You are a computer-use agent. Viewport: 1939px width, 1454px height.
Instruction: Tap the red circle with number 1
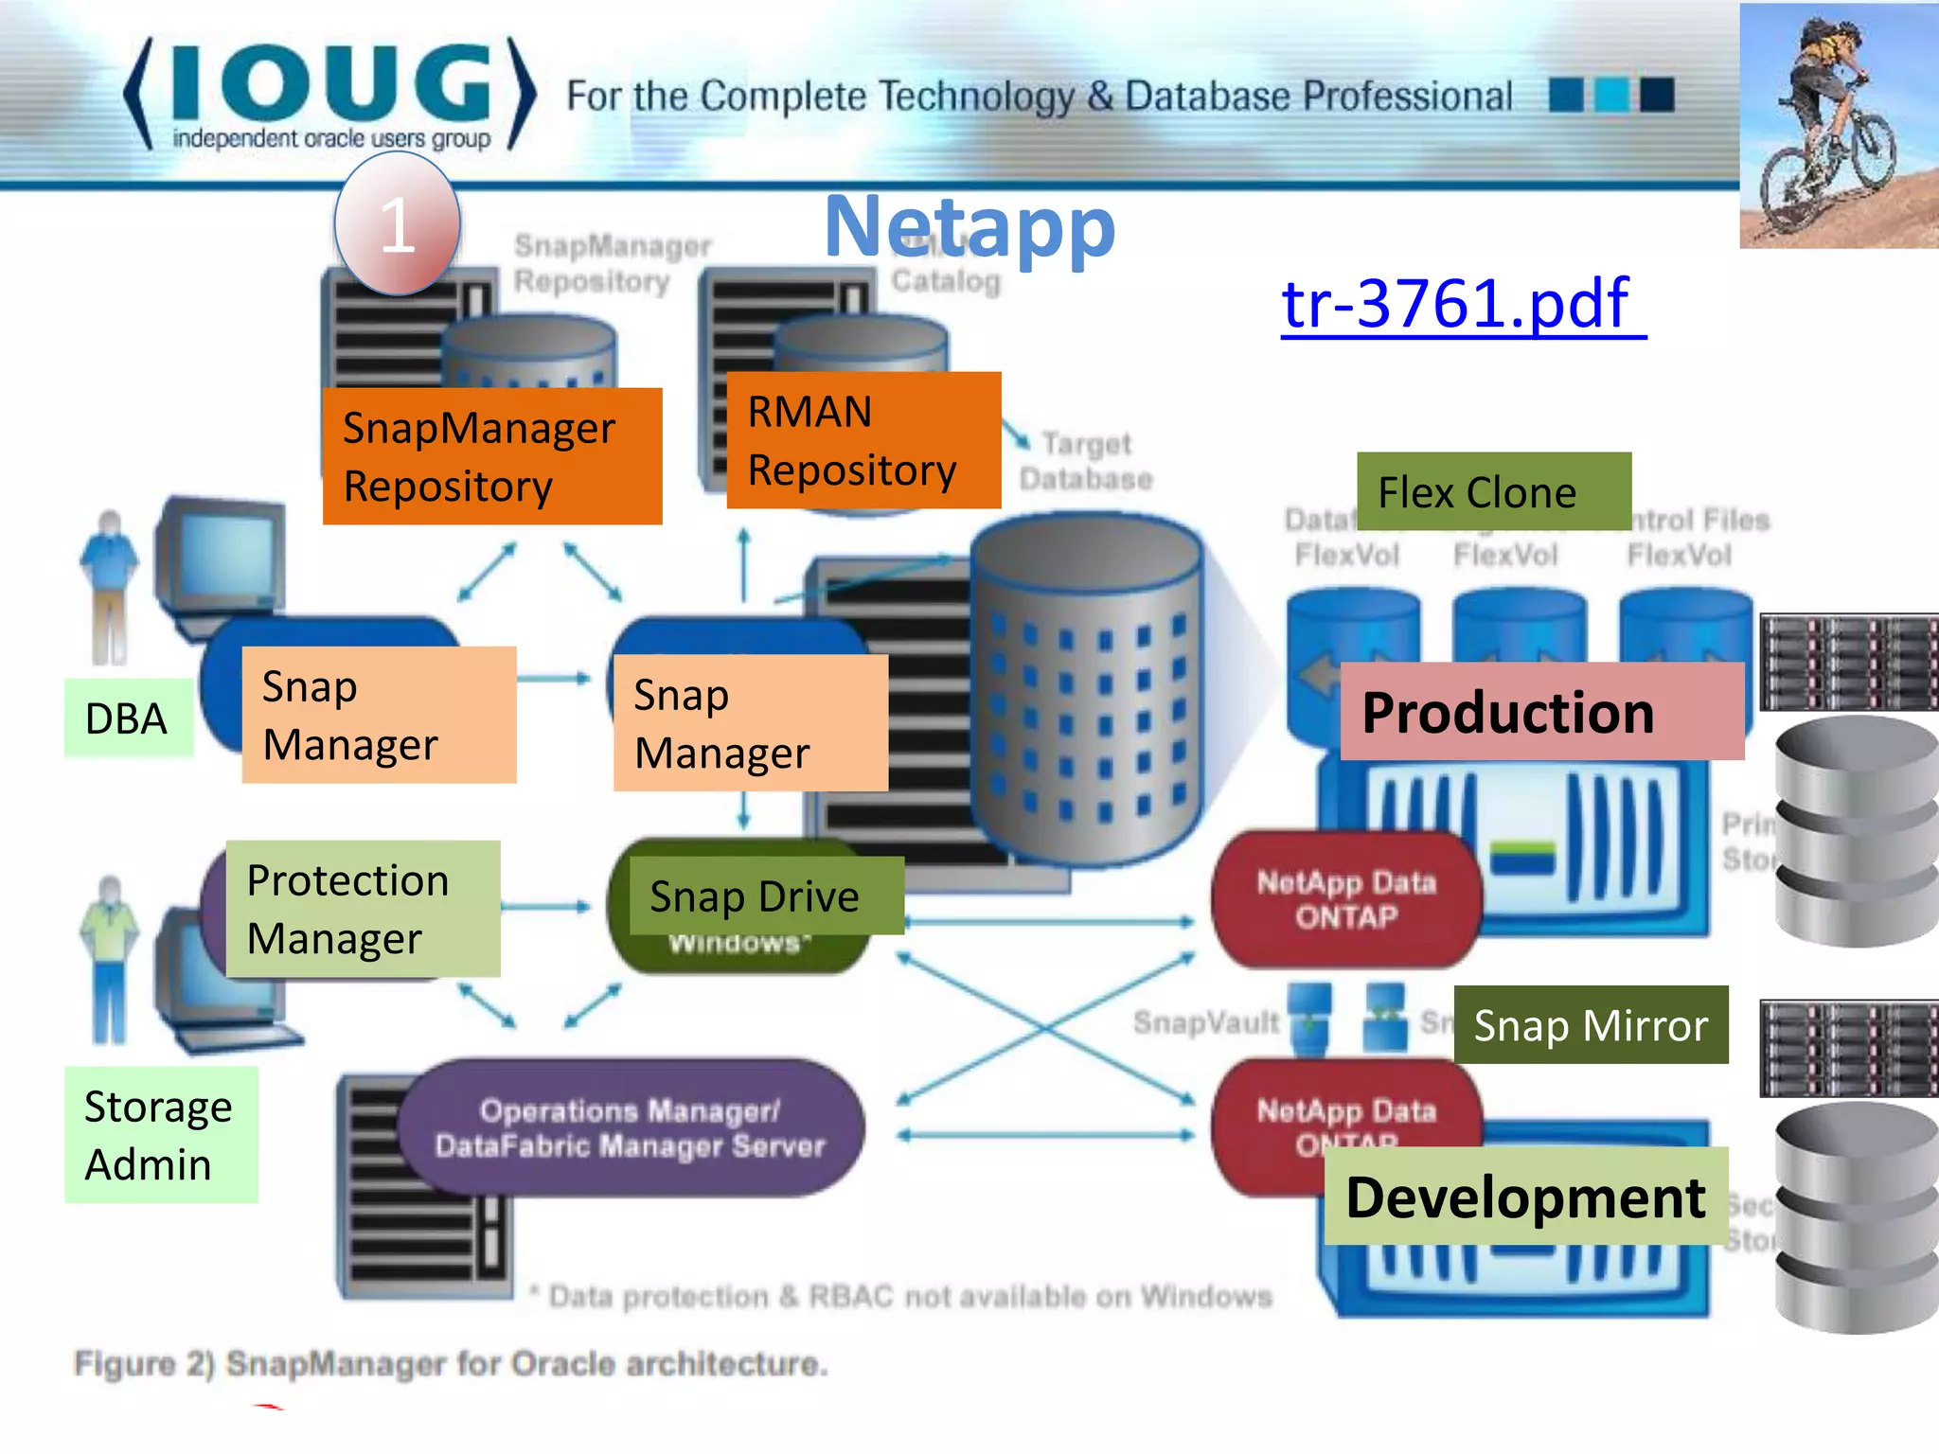[x=398, y=225]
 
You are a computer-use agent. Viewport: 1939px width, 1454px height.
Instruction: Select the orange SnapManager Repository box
[x=491, y=456]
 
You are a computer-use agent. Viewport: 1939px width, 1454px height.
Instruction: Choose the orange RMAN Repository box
[x=863, y=440]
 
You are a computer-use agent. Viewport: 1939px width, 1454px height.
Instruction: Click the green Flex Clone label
[x=1493, y=491]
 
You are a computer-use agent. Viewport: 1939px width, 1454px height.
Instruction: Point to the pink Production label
[x=1541, y=712]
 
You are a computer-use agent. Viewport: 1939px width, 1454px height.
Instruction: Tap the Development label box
[x=1525, y=1197]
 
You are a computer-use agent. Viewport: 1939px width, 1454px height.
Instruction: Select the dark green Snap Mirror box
[x=1591, y=1025]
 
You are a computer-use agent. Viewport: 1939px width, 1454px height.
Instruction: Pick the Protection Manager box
[x=363, y=909]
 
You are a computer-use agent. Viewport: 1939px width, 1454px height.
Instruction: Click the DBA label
[x=128, y=718]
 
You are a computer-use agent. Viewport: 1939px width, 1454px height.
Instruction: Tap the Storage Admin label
[x=160, y=1135]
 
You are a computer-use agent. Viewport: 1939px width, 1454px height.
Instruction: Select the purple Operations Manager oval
[x=630, y=1127]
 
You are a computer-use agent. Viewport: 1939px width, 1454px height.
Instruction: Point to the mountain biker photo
[x=1839, y=126]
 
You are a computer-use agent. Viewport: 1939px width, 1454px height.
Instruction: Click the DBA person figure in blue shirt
[x=110, y=587]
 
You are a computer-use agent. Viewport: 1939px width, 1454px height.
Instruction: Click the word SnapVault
[x=1205, y=1022]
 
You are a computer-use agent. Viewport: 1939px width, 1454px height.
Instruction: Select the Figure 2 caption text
[x=451, y=1364]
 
